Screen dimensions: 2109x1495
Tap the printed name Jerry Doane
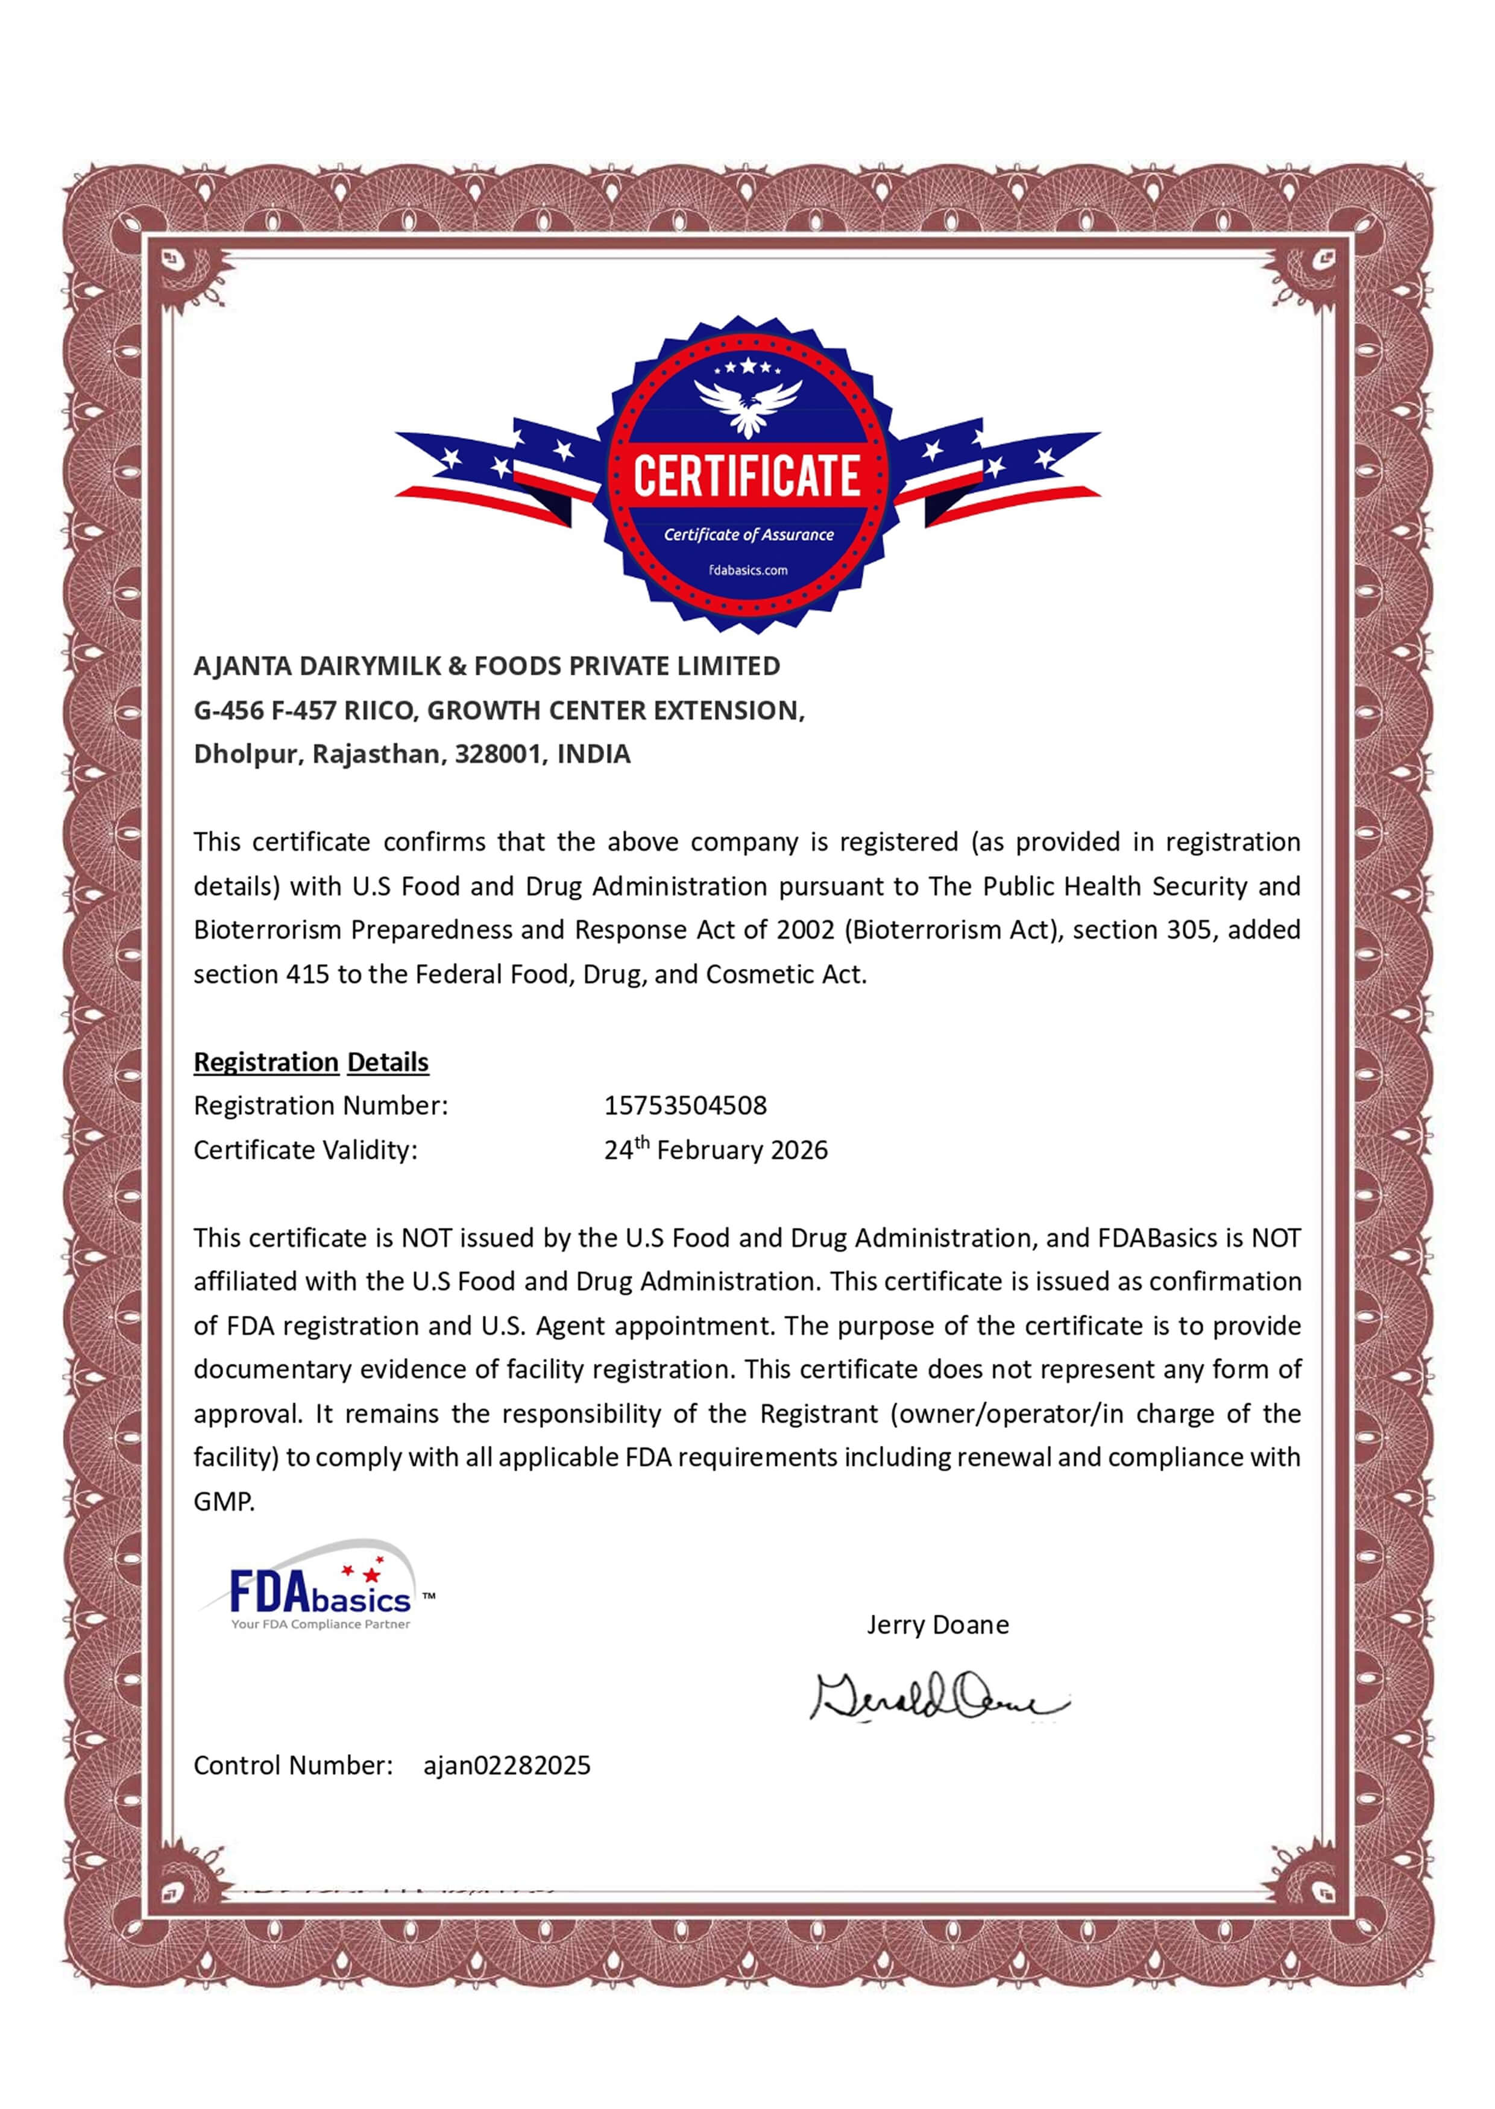click(937, 1625)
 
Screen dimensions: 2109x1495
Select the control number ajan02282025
click(506, 1766)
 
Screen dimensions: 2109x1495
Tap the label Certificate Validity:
click(304, 1150)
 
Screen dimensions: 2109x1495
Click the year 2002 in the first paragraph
click(805, 930)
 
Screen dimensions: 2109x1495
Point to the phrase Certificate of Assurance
click(749, 534)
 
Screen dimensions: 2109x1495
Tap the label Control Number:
click(293, 1766)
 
